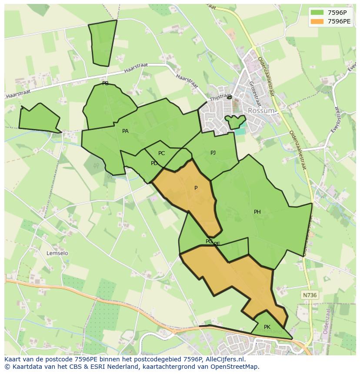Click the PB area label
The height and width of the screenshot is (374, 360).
click(105, 83)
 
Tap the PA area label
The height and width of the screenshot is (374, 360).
click(125, 131)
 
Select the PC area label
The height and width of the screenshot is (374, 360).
click(161, 153)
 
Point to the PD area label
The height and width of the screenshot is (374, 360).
click(154, 163)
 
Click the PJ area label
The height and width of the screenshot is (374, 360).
click(213, 153)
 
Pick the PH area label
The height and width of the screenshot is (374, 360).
click(257, 212)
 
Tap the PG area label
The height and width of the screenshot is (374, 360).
click(209, 242)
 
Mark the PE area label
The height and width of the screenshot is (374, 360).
click(217, 244)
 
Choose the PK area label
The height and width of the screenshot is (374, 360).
click(267, 327)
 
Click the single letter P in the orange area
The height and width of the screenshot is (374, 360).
click(196, 188)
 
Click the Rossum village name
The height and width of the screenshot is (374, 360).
click(261, 111)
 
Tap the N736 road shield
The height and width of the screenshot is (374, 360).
click(310, 295)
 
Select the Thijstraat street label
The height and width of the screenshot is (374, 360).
click(220, 96)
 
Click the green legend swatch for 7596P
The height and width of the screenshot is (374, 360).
click(317, 13)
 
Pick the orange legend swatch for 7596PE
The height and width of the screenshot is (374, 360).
click(317, 21)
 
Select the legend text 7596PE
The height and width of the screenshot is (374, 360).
click(339, 21)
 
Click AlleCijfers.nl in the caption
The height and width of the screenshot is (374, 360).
click(227, 359)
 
